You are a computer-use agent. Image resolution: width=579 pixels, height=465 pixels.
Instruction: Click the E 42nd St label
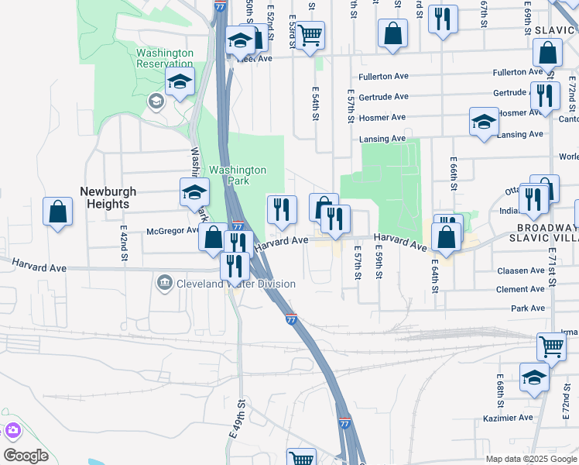[x=123, y=245]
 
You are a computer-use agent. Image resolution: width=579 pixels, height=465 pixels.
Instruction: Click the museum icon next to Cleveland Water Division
[x=164, y=284]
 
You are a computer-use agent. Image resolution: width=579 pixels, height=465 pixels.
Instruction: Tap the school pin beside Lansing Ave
[x=484, y=122]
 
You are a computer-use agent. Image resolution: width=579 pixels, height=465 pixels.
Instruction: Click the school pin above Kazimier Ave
[x=534, y=377]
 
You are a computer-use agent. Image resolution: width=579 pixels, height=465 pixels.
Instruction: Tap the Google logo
[x=26, y=456]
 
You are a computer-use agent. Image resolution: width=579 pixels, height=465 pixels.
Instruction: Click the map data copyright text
[x=532, y=459]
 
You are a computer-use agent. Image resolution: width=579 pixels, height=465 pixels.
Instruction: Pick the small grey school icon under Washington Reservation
[x=156, y=102]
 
